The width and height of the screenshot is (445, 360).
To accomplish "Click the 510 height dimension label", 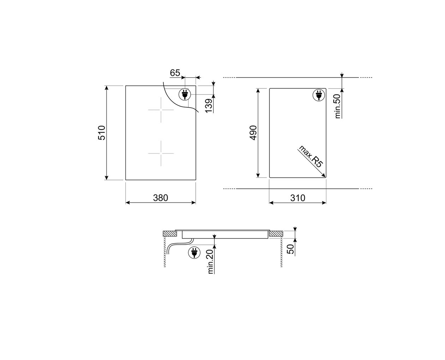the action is click(x=102, y=133).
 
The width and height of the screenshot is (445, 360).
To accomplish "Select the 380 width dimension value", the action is click(x=160, y=198).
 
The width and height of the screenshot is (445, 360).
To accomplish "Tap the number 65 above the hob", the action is click(x=175, y=73).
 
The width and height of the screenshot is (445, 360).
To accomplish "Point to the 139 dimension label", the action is click(x=209, y=106).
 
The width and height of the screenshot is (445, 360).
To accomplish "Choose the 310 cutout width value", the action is click(x=297, y=198).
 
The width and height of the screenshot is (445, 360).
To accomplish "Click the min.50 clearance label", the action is click(x=338, y=106).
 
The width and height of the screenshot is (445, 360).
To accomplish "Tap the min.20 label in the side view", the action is click(x=210, y=262).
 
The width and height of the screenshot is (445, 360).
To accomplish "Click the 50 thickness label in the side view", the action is click(x=290, y=249).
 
